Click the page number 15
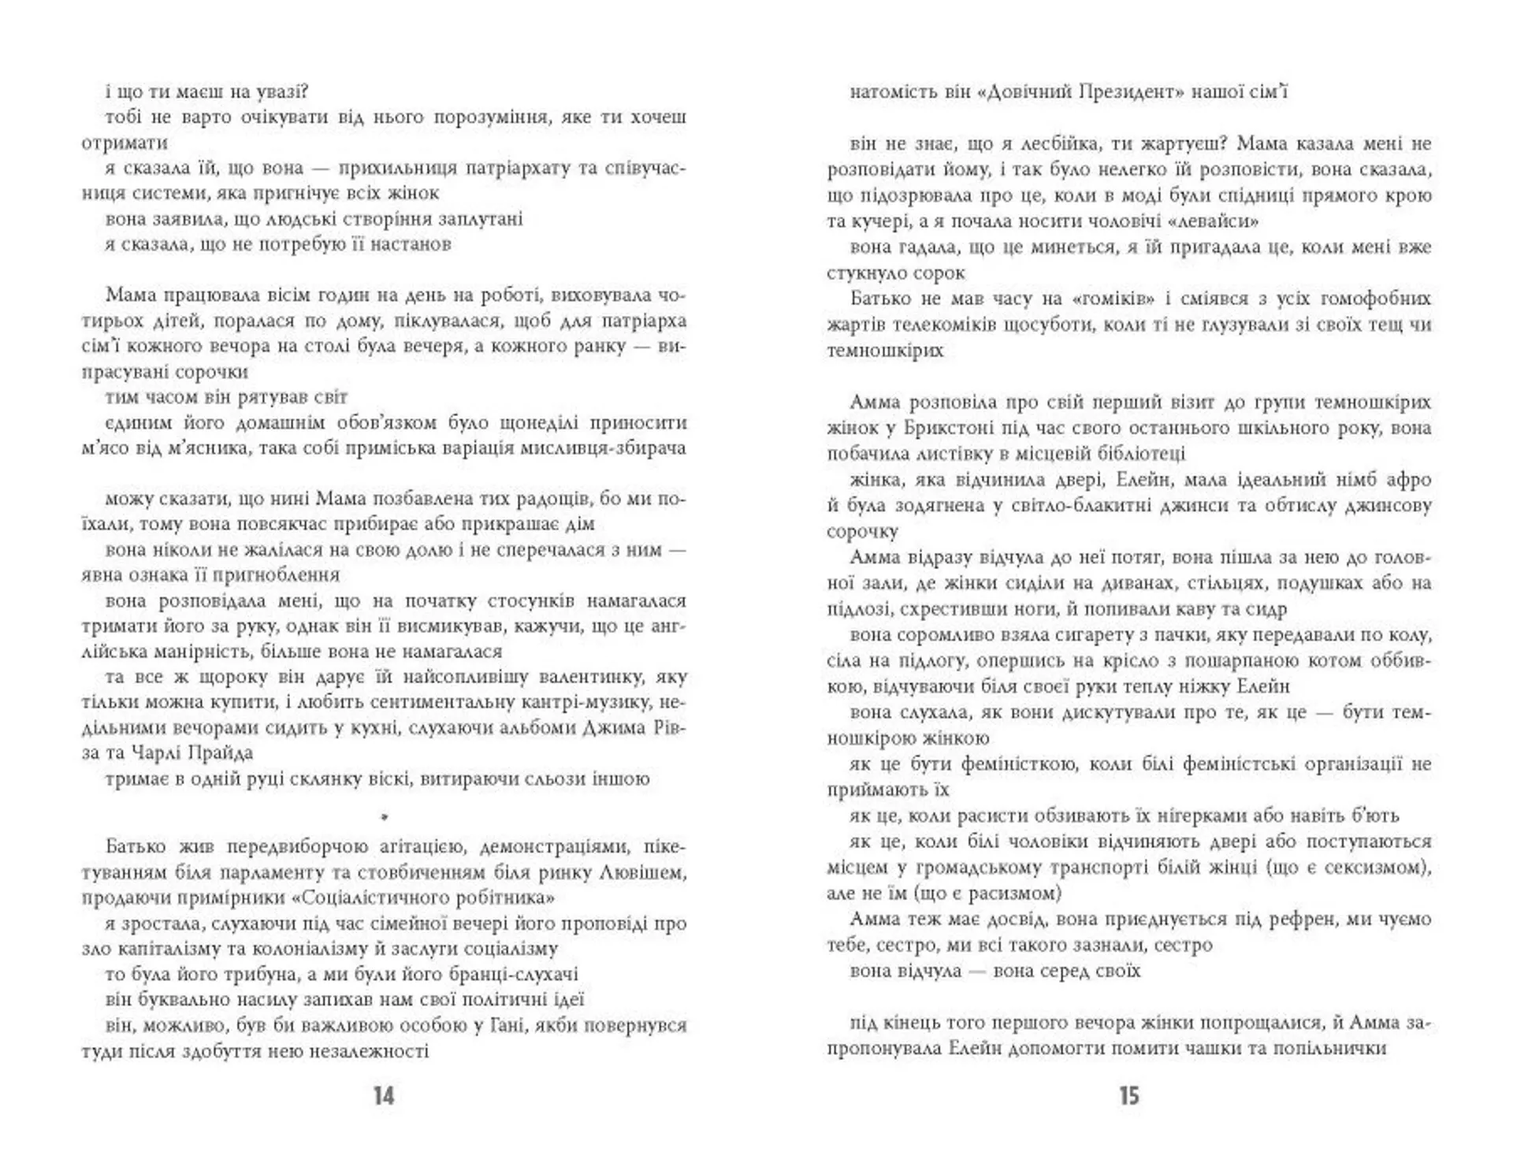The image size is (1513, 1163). coord(1128,1096)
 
